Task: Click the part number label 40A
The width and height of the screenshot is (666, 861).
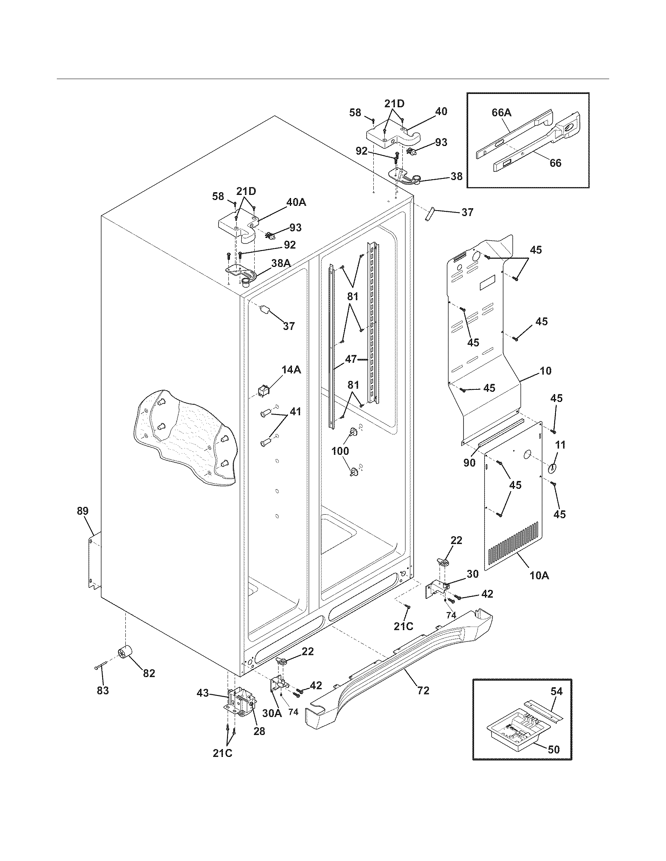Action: point(296,203)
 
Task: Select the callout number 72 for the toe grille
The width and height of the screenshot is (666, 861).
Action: point(423,690)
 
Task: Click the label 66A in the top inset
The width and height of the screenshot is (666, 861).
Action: point(501,113)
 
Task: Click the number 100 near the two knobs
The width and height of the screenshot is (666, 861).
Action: point(340,450)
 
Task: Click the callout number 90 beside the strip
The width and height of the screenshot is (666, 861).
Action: point(469,463)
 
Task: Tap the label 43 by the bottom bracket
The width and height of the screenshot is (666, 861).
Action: point(203,693)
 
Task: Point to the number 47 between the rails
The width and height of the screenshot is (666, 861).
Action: point(351,359)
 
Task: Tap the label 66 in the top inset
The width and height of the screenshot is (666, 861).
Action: point(555,163)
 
